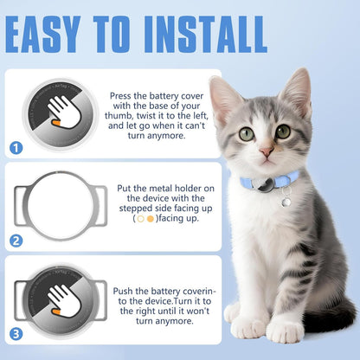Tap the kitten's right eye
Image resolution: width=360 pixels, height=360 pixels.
(284, 132)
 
